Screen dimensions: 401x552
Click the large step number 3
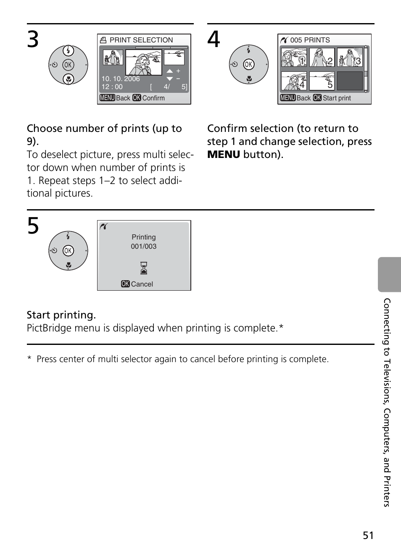tap(33, 40)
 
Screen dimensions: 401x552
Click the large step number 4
tap(214, 40)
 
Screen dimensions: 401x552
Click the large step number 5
tap(33, 226)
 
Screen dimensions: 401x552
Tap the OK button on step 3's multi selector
tap(68, 65)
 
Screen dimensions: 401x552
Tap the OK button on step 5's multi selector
tap(68, 251)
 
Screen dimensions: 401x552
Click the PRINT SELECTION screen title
tap(141, 40)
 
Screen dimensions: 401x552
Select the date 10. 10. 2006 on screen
tap(121, 79)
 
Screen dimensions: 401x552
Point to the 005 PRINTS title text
tap(310, 40)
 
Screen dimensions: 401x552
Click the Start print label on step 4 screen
tap(337, 98)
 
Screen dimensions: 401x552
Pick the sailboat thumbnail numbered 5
tap(322, 81)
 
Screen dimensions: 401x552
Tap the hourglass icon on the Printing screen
tap(144, 268)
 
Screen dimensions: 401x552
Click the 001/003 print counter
tap(144, 246)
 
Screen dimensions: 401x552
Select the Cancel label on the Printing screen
tap(142, 284)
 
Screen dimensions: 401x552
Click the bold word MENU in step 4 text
tap(224, 154)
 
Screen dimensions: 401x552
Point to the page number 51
tap(368, 535)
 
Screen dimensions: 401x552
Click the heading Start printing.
tap(61, 315)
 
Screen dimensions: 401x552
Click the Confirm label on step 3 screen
tap(153, 98)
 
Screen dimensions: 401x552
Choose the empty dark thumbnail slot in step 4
tap(350, 81)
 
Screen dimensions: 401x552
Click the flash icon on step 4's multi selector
tap(249, 50)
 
